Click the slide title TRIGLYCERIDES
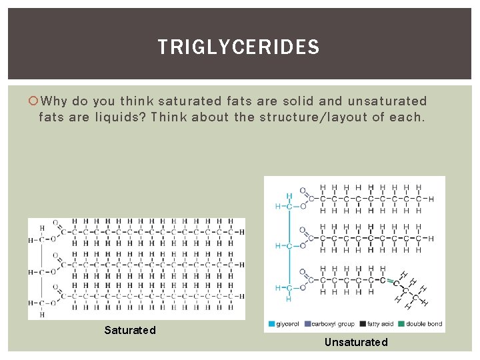(x=239, y=47)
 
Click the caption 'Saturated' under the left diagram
(x=130, y=330)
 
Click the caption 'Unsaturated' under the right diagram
(x=356, y=342)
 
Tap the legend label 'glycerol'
(x=288, y=324)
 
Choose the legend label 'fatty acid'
(x=380, y=324)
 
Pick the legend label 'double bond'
(x=424, y=324)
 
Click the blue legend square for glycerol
(x=271, y=324)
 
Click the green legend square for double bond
(x=403, y=324)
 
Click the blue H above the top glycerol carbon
(x=289, y=197)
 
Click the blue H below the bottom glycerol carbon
(x=289, y=298)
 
